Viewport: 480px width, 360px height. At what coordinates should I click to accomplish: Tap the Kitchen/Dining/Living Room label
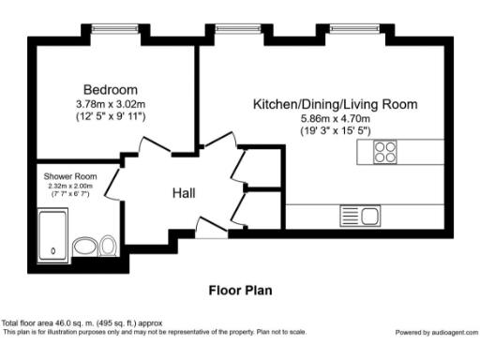pos(335,105)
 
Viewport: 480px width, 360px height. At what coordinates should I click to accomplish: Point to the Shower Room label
pos(67,175)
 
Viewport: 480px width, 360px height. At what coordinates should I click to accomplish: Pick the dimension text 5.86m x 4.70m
pos(335,119)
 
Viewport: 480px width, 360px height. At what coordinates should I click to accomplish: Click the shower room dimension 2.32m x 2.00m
pos(67,186)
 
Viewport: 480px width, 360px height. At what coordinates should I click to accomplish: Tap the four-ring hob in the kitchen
pos(385,153)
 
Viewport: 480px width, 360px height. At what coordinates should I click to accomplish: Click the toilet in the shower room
pos(108,246)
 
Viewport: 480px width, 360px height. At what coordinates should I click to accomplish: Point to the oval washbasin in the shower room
pos(84,247)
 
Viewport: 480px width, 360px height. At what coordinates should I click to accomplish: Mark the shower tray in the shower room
pos(54,232)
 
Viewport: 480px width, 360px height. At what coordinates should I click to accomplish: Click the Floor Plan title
pos(240,291)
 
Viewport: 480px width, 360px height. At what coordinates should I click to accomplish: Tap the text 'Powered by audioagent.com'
pos(436,332)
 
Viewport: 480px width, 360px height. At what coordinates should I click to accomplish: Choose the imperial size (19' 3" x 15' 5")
pos(335,132)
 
